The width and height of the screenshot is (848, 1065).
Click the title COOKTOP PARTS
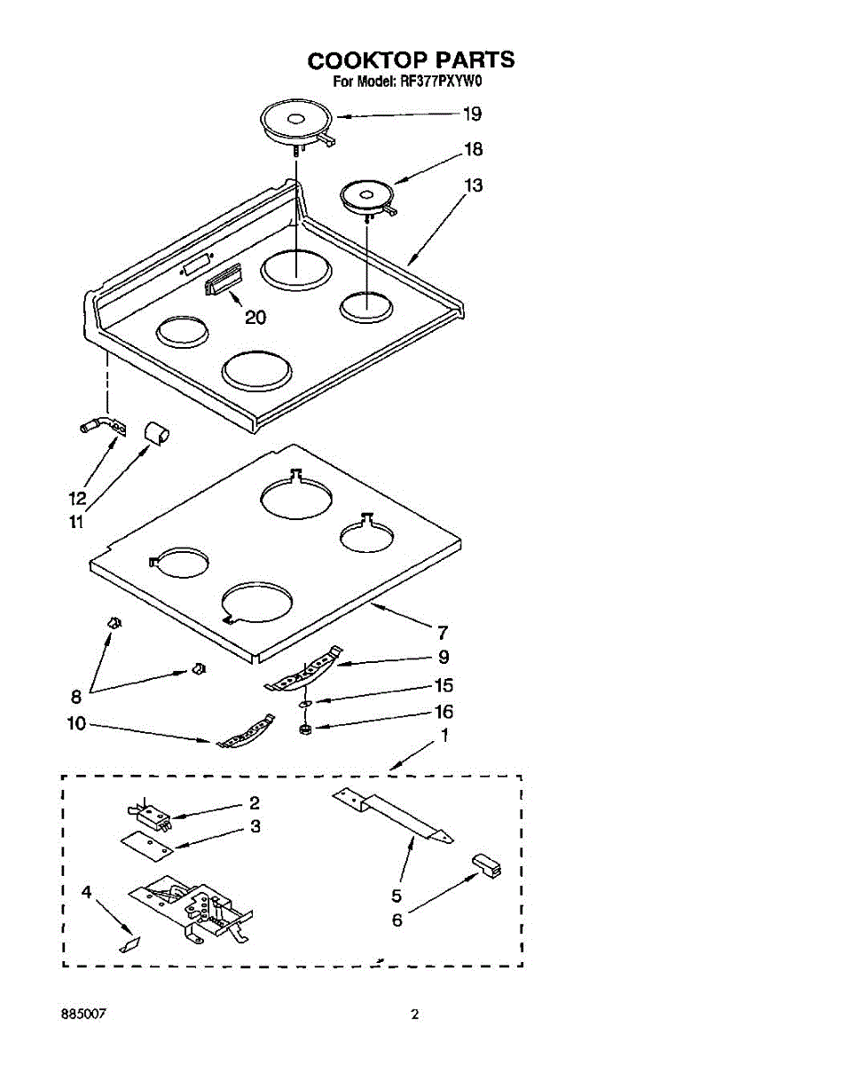[411, 59]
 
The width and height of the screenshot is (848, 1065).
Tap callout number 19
[472, 114]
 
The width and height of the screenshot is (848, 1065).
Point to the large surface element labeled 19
[296, 121]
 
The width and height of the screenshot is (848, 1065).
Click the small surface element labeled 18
[366, 195]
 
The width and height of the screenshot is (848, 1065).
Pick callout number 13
[474, 185]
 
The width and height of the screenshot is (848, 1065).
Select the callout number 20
[255, 317]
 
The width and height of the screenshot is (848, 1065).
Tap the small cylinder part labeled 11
[156, 434]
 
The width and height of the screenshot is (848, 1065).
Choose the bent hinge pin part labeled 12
[100, 428]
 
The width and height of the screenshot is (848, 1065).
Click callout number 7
[442, 633]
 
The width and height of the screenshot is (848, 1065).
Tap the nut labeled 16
[303, 729]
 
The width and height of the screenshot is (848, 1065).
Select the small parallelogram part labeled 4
[130, 943]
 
